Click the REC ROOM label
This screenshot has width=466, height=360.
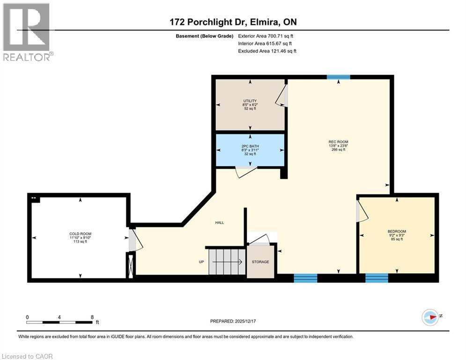pyautogui.click(x=338, y=142)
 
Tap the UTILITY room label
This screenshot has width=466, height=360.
pyautogui.click(x=249, y=101)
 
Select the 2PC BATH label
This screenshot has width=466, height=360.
pyautogui.click(x=249, y=146)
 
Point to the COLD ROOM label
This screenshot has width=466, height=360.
pyautogui.click(x=80, y=233)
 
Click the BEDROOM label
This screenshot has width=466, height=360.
pyautogui.click(x=397, y=232)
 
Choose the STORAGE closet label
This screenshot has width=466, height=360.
pyautogui.click(x=260, y=262)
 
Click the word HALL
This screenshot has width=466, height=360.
pyautogui.click(x=219, y=223)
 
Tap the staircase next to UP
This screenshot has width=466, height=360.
pyautogui.click(x=226, y=262)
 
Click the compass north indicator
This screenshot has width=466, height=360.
pyautogui.click(x=430, y=317)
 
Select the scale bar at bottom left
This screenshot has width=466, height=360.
pyautogui.click(x=59, y=322)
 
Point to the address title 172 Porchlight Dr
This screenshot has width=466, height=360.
pyautogui.click(x=233, y=22)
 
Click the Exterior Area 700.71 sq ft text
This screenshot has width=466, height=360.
pyautogui.click(x=266, y=36)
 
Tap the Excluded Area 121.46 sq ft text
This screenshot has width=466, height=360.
pyautogui.click(x=267, y=51)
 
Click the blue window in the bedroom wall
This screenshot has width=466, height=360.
pyautogui.click(x=377, y=278)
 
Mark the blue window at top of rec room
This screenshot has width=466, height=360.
pyautogui.click(x=338, y=77)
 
